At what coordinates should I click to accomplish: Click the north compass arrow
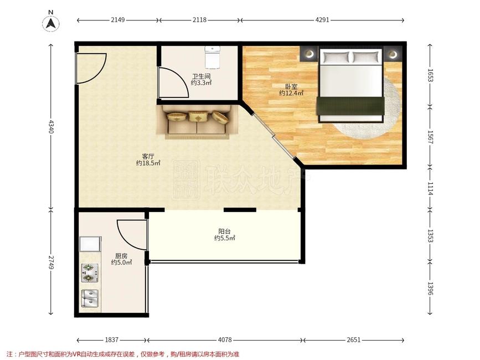51,23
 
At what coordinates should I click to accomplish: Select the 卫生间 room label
201,76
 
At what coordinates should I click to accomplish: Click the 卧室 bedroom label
291,87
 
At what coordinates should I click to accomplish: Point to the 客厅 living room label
148,156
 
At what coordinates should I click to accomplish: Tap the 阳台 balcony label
224,232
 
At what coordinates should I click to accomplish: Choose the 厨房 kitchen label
121,256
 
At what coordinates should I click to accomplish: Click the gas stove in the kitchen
90,273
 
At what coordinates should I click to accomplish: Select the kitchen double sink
90,299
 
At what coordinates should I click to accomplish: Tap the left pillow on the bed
336,57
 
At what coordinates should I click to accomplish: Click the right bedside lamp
393,54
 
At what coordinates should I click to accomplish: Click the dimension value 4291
322,20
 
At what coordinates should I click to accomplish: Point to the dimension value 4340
51,127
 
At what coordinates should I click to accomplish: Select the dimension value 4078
225,340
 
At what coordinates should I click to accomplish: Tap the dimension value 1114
430,188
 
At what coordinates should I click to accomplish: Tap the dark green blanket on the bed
350,106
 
